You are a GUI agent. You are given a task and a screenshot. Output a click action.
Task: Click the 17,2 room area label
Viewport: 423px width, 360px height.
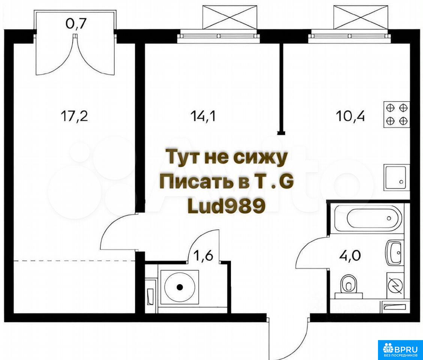point(75,116)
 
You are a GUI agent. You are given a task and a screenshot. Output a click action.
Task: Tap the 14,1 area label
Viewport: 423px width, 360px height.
point(202,116)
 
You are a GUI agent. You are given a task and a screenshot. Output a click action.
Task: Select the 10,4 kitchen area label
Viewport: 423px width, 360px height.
point(350,116)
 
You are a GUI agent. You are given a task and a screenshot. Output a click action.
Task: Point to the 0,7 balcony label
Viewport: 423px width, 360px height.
point(76,24)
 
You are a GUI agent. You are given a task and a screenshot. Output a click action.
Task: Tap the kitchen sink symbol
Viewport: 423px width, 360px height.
point(396,177)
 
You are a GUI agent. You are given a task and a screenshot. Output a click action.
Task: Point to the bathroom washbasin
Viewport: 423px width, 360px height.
point(395,252)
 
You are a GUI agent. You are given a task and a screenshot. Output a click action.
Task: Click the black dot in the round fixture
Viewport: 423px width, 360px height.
point(180,287)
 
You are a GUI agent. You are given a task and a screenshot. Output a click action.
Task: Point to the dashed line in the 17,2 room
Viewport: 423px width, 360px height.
point(75,261)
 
